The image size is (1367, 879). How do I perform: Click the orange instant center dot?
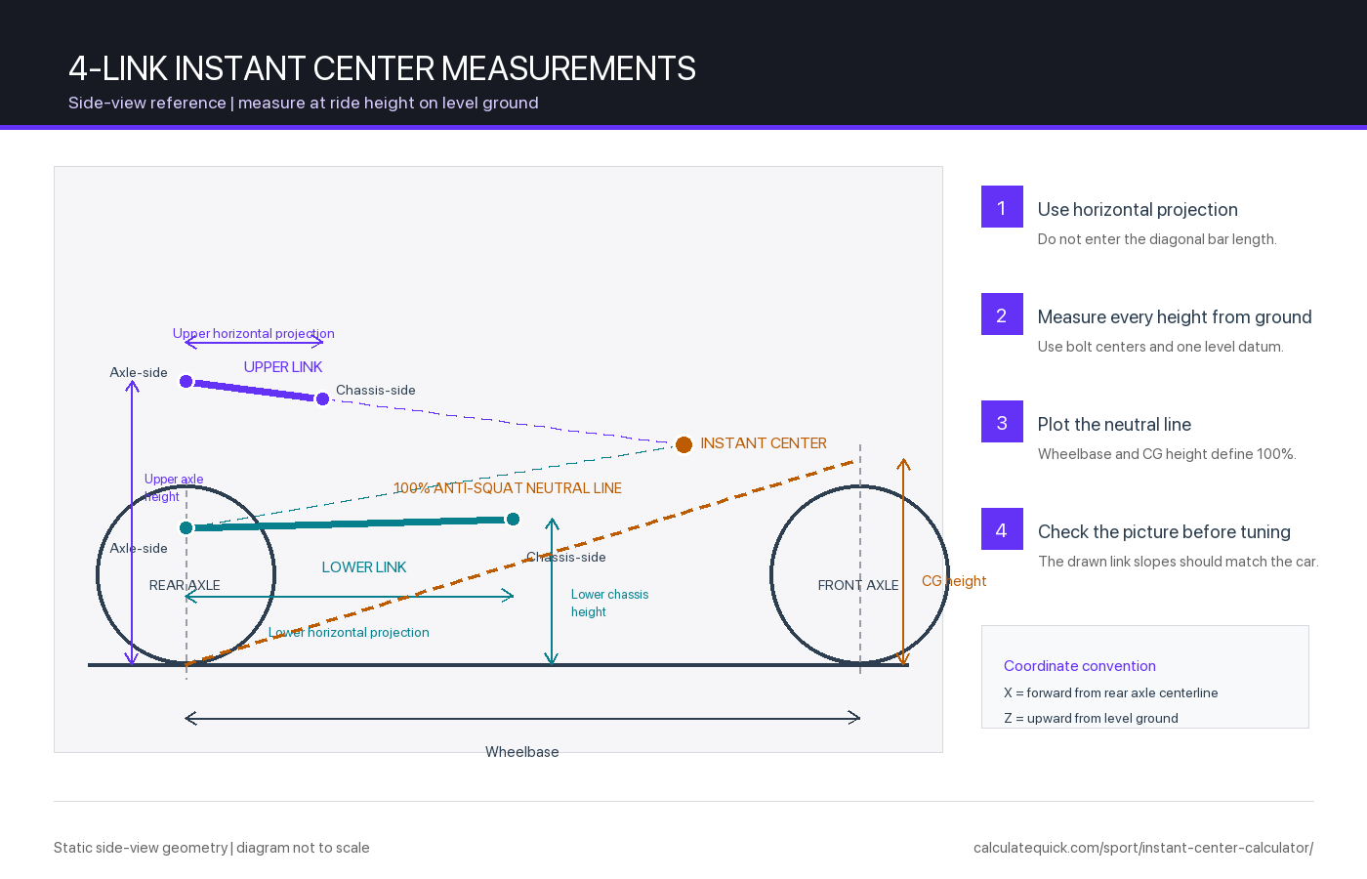pos(683,444)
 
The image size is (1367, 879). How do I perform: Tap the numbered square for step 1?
pos(1002,206)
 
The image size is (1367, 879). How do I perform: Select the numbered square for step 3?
pos(1002,421)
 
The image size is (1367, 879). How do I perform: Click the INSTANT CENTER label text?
pos(764,443)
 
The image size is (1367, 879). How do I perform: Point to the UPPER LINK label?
pos(282,367)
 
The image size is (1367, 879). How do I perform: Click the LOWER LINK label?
pos(363,567)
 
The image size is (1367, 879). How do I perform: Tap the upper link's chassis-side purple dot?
pos(323,399)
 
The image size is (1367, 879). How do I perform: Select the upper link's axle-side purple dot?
pos(186,382)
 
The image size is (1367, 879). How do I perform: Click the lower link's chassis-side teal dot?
pos(514,520)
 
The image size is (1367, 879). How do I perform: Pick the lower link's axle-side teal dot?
pos(186,528)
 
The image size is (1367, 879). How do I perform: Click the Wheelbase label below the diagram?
pos(521,752)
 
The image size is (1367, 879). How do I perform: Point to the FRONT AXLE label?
pos(858,585)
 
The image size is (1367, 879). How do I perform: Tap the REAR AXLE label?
pos(185,585)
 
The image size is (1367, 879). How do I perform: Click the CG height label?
pos(954,581)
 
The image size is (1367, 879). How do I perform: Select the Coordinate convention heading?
pos(1080,666)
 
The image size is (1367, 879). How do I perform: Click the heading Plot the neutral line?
pos(1114,424)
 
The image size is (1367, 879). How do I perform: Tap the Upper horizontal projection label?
pos(253,333)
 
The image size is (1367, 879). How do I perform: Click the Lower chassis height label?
pos(609,604)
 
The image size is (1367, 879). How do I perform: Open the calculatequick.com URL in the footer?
pos(1143,848)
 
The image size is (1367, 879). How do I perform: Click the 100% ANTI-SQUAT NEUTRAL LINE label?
pos(507,488)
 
